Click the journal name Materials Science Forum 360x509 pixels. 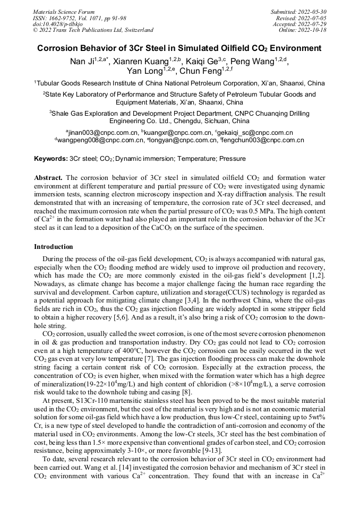[x=64, y=11]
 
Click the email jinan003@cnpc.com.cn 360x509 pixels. [x=102, y=132]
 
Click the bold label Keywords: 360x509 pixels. [x=51, y=159]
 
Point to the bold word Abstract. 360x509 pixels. [x=48, y=177]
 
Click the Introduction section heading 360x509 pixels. [x=54, y=247]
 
